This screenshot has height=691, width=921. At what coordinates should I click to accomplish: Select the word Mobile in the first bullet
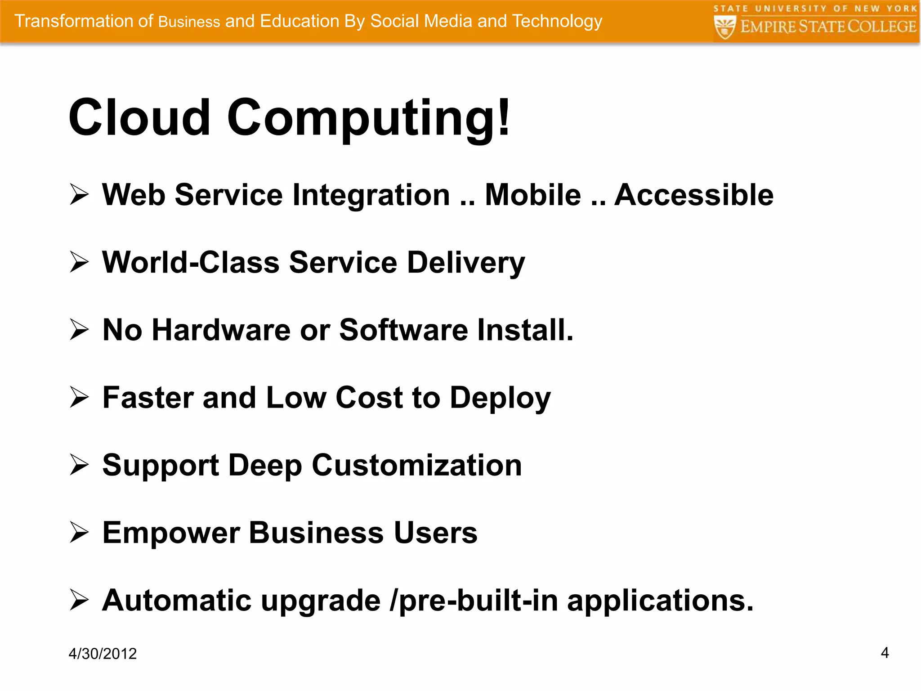533,195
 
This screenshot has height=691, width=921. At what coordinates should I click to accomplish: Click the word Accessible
694,195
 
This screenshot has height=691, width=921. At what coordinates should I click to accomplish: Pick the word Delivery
466,263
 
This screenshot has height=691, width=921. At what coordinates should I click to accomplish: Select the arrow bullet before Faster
79,397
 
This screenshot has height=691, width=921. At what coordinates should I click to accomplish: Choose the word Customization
417,465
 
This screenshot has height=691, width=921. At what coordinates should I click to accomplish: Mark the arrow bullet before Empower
79,533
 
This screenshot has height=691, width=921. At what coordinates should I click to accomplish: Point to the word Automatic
176,600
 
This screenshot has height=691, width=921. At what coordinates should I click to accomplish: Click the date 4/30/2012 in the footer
103,653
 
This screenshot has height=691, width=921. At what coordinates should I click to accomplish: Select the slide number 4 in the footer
885,652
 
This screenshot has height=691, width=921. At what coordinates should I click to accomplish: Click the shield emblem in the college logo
725,27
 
